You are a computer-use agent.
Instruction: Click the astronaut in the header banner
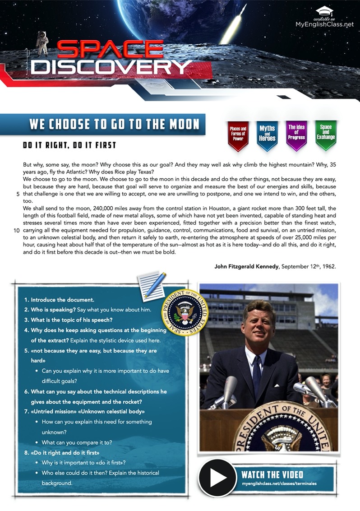(42, 42)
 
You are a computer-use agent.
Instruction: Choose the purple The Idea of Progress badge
(296, 134)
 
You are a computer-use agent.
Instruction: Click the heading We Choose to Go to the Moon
(115, 124)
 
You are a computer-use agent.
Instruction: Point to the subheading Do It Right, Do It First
(69, 145)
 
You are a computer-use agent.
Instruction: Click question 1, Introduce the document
(59, 300)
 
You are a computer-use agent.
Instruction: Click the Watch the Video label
(272, 474)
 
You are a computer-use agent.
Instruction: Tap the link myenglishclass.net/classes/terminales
(279, 484)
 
